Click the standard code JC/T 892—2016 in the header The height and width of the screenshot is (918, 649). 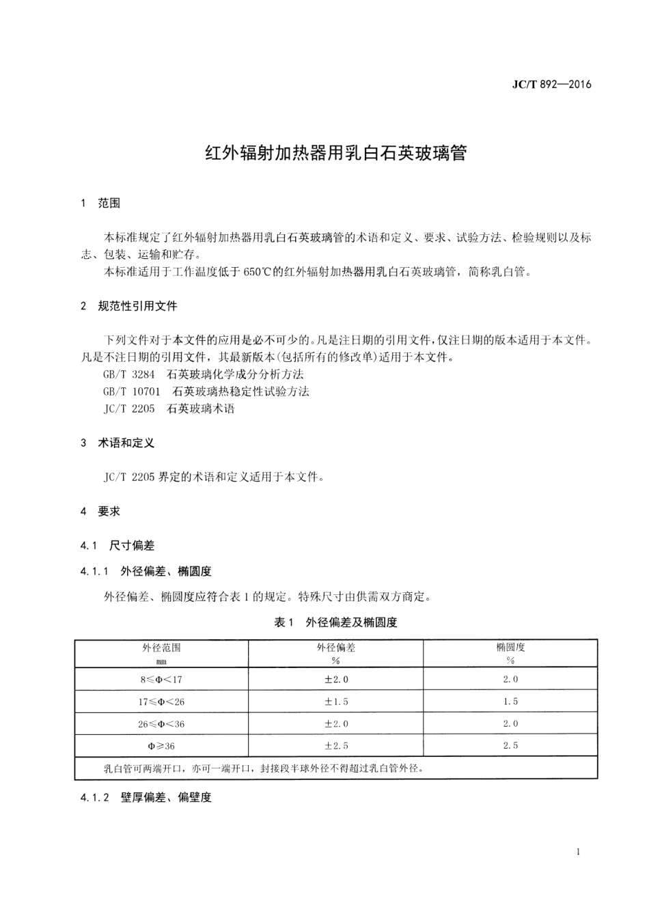click(x=551, y=85)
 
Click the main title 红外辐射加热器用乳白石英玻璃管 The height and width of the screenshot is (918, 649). click(x=336, y=153)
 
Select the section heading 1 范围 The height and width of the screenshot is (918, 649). click(x=100, y=204)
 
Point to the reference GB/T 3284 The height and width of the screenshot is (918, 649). click(x=129, y=374)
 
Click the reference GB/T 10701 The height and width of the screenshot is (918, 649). click(x=132, y=391)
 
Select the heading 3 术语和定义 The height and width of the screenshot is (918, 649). click(x=118, y=443)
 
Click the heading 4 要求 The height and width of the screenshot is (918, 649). click(x=100, y=511)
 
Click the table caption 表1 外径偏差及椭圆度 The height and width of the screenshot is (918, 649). click(x=335, y=622)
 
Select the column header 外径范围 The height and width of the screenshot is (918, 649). click(x=161, y=648)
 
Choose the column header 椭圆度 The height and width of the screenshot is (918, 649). click(x=510, y=648)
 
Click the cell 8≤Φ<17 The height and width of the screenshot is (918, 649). click(x=161, y=680)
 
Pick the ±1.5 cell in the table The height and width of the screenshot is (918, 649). click(x=335, y=701)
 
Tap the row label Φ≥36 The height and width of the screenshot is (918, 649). click(x=161, y=746)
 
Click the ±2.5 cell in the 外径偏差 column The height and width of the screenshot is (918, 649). click(x=335, y=746)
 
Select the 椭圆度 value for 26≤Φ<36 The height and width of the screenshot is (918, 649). click(x=510, y=723)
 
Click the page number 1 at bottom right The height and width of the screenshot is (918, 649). click(x=578, y=851)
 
